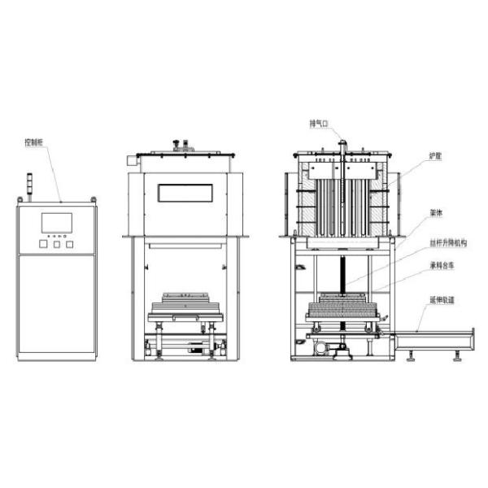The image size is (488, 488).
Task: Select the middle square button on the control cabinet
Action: click(56, 243)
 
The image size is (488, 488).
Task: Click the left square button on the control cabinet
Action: click(42, 243)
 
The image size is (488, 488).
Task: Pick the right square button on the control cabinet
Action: click(70, 243)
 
